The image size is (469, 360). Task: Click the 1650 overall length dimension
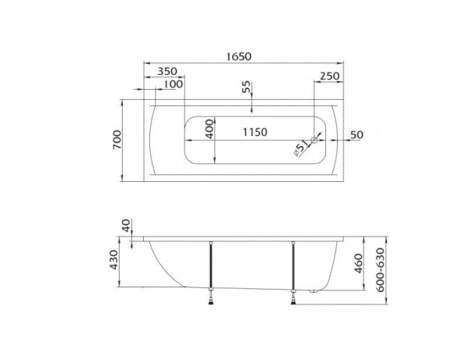click(238, 56)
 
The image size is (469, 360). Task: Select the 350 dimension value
click(167, 71)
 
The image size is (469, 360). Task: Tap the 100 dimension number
click(174, 84)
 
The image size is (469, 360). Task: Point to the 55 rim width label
click(247, 87)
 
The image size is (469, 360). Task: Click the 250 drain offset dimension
click(330, 77)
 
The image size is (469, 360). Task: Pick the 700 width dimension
click(116, 140)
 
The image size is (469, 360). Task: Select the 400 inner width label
click(210, 129)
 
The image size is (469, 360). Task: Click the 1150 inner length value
click(255, 132)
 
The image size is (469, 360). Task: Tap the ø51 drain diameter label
click(301, 148)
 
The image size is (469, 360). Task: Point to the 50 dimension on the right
click(356, 135)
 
